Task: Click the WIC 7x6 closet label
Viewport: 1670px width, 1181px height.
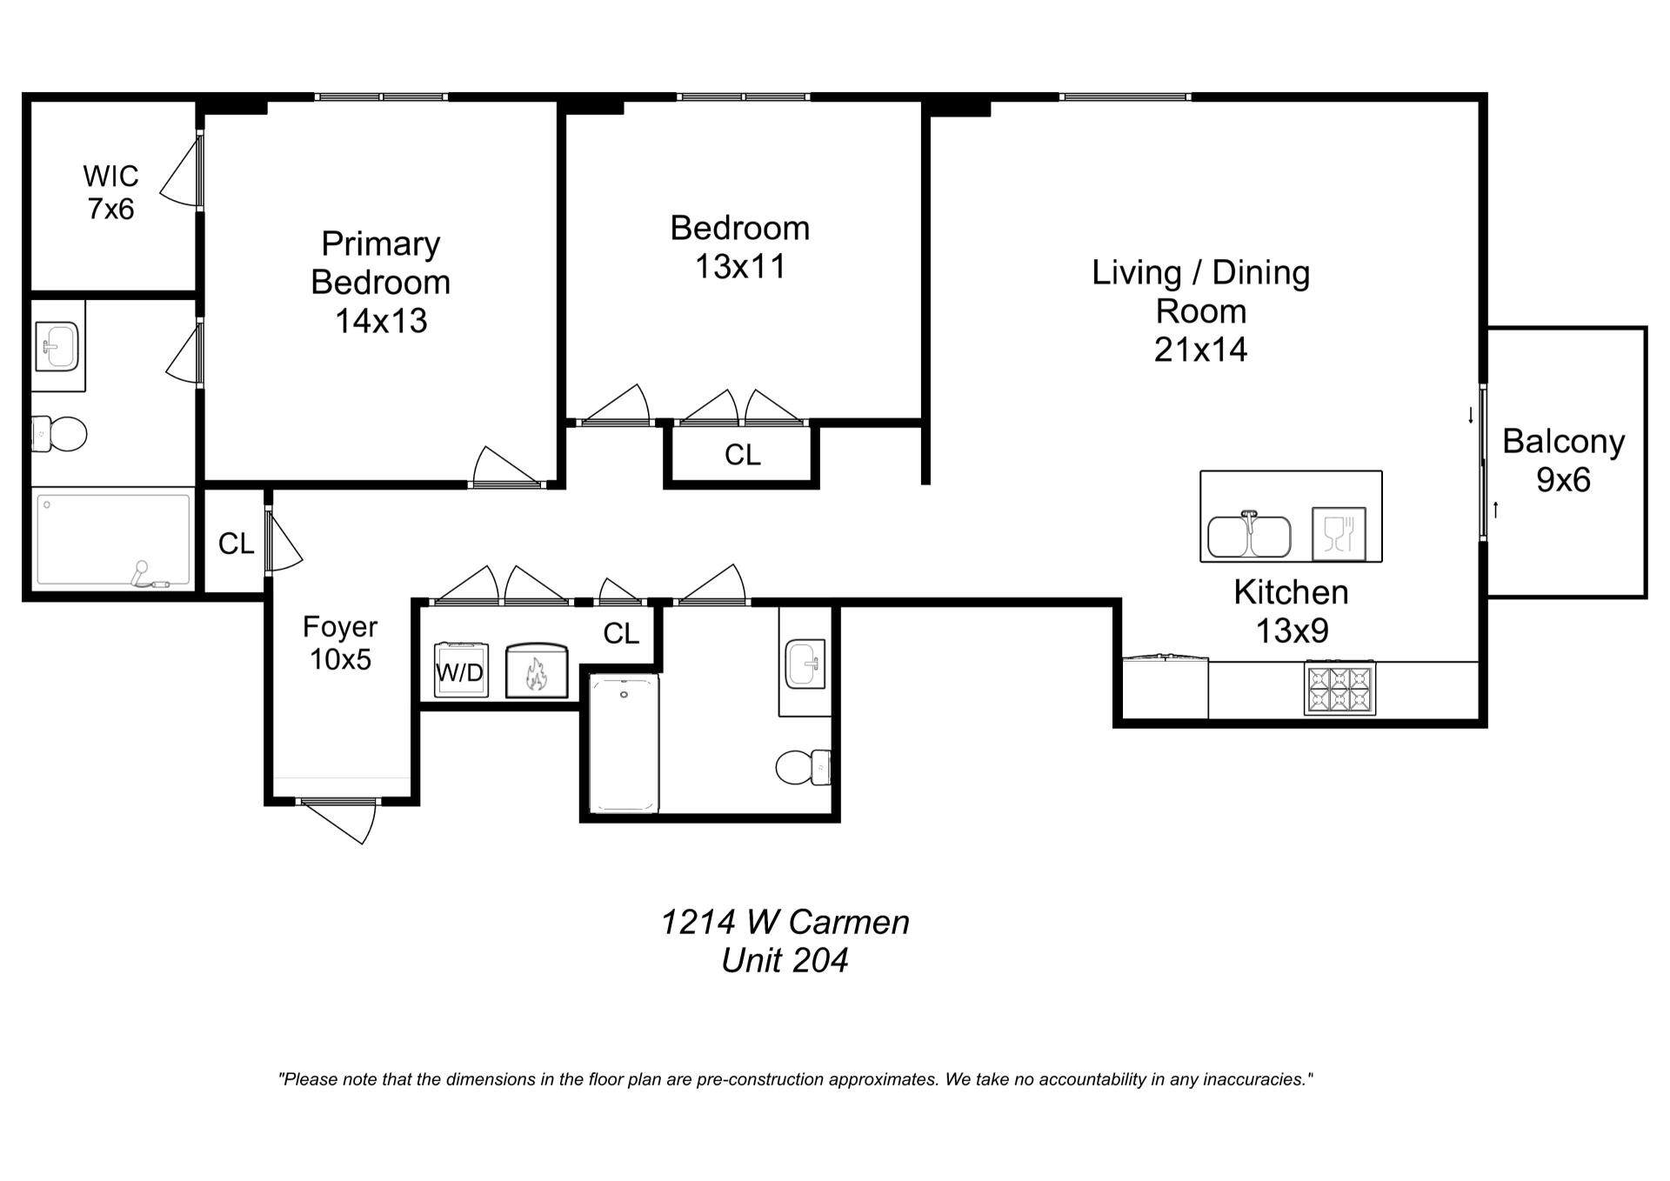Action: tap(110, 192)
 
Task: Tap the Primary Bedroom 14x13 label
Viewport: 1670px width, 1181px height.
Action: tap(381, 282)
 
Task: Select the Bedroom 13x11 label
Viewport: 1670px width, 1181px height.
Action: tap(740, 247)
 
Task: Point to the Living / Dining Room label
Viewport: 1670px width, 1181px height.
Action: tap(1201, 310)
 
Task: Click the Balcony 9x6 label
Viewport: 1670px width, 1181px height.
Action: tap(1564, 460)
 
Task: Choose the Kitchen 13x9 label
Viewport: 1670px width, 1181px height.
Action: tap(1292, 611)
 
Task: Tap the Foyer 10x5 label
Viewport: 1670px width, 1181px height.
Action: tap(340, 643)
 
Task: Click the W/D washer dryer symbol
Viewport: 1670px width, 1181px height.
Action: tap(461, 670)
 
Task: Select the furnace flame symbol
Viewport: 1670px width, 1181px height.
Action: tap(537, 671)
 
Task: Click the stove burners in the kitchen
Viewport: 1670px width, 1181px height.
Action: tap(1339, 689)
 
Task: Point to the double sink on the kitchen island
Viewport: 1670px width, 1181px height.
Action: tap(1249, 535)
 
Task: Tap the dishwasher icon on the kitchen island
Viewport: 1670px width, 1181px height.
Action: tap(1339, 534)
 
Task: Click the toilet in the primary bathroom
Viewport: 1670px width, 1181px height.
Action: tap(60, 433)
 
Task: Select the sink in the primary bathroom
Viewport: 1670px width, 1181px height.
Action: tap(57, 345)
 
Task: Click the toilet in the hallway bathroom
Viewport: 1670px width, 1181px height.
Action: tap(803, 767)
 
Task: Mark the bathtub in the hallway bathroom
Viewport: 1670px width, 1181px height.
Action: tap(625, 744)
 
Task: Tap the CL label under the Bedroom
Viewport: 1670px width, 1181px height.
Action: tap(743, 455)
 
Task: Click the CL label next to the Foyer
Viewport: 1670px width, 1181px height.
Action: tap(237, 544)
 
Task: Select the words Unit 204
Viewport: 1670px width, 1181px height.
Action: tap(785, 961)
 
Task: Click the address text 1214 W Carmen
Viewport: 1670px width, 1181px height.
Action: tap(785, 922)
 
